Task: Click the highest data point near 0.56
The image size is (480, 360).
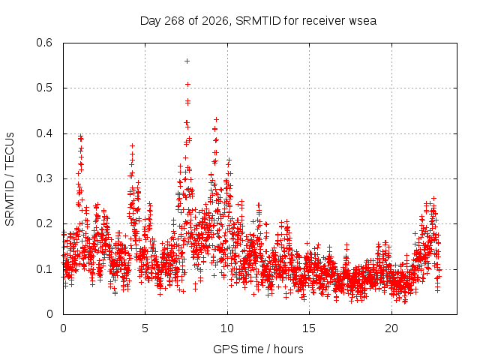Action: point(187,61)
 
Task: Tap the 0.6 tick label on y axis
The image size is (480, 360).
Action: point(44,43)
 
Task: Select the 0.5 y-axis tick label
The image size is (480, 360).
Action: point(44,88)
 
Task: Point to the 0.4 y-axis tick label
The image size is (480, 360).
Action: point(44,133)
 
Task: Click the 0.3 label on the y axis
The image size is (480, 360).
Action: point(44,178)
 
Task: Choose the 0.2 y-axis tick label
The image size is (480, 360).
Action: point(44,223)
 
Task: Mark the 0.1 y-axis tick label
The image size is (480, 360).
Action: point(44,269)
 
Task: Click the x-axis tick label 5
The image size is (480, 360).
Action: point(145,328)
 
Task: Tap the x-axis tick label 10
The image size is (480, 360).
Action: point(227,328)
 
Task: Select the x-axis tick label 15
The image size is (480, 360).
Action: point(309,328)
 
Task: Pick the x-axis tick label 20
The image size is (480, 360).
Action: point(391,328)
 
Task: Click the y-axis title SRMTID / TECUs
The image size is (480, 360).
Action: point(10,179)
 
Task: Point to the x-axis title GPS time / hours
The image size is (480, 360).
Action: point(258,349)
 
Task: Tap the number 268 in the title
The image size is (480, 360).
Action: point(174,21)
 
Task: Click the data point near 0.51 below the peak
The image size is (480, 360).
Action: point(188,84)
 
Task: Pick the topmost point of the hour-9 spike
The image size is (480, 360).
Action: point(216,119)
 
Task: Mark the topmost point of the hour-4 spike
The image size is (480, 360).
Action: point(132,145)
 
